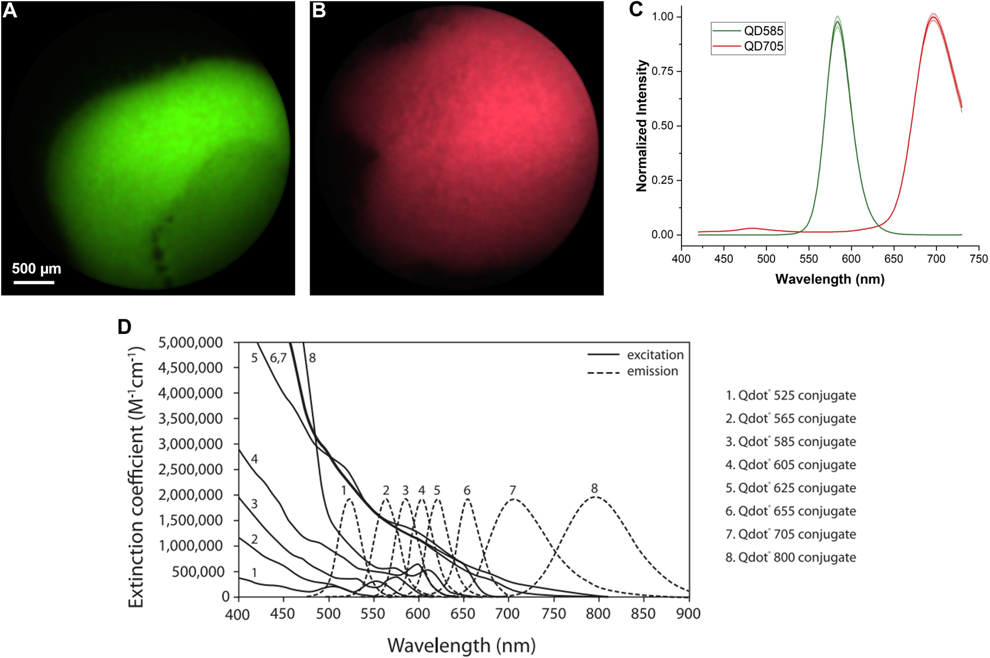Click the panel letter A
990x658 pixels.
(10, 11)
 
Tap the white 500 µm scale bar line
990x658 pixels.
(34, 282)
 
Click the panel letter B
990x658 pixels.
(318, 11)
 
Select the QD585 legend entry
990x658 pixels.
(763, 31)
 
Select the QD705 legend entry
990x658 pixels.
(763, 46)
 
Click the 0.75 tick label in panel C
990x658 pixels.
(663, 71)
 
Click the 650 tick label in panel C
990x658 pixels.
(893, 259)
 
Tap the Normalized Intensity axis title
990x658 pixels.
(641, 126)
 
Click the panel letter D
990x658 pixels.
(124, 327)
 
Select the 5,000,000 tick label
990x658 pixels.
(191, 342)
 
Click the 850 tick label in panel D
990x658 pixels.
(643, 614)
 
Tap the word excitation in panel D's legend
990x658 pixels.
(655, 355)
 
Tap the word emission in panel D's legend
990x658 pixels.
(652, 371)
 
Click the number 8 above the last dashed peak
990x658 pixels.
(594, 489)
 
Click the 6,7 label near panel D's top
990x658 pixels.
(278, 358)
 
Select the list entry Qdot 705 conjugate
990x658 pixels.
(791, 534)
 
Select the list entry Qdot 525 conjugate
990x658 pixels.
(791, 396)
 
